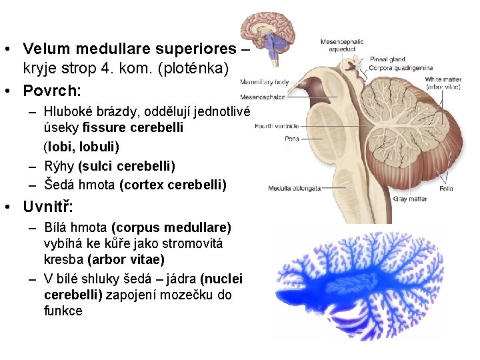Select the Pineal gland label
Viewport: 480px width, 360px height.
388,59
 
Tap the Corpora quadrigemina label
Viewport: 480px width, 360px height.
402,67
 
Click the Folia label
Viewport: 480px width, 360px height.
446,189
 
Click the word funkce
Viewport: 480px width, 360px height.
63,311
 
